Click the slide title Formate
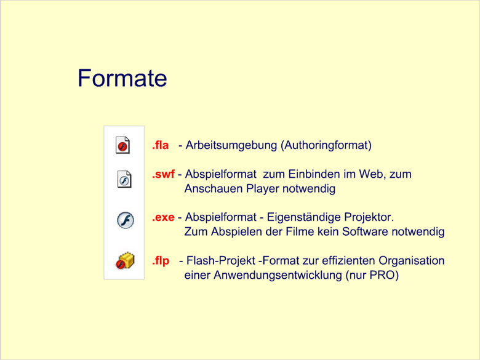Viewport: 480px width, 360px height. pyautogui.click(x=122, y=78)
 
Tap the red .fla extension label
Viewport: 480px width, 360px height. pyautogui.click(x=160, y=145)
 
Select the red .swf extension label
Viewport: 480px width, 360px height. pyautogui.click(x=163, y=174)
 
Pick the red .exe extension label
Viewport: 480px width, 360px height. pyautogui.click(x=163, y=217)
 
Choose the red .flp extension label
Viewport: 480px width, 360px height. pyautogui.click(x=161, y=261)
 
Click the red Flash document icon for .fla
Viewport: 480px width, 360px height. pyautogui.click(x=122, y=145)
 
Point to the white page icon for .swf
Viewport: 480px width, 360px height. pyautogui.click(x=124, y=179)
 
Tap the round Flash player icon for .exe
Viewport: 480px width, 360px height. pyautogui.click(x=126, y=220)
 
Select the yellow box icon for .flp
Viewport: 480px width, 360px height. pyautogui.click(x=125, y=261)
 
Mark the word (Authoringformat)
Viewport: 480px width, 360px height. pyautogui.click(x=326, y=145)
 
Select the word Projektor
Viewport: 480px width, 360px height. pyautogui.click(x=369, y=217)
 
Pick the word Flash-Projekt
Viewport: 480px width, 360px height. pyautogui.click(x=221, y=261)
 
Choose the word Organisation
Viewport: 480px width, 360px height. pyautogui.click(x=412, y=261)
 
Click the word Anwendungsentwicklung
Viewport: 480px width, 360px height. pyautogui.click(x=278, y=275)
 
